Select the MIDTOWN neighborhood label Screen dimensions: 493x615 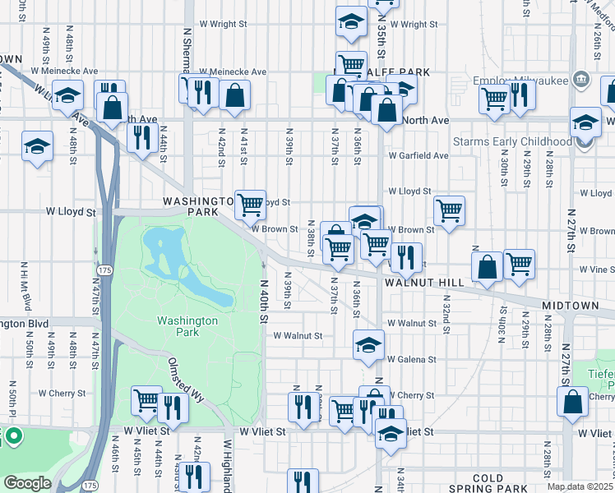(571, 306)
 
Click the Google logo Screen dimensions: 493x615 (26, 483)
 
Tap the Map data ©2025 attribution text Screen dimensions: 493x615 (580, 486)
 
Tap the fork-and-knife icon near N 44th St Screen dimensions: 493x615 (142, 136)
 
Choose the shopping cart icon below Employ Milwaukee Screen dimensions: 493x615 (494, 98)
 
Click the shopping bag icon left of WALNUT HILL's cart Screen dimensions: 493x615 (488, 265)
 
